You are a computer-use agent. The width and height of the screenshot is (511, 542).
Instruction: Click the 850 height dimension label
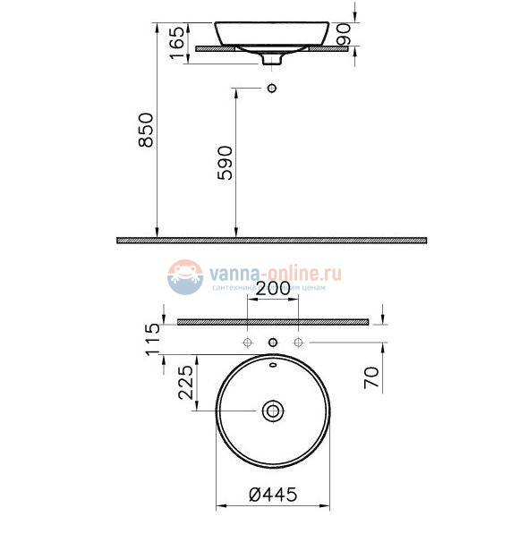[146, 131]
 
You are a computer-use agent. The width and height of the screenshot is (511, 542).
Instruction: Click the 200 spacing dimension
[272, 288]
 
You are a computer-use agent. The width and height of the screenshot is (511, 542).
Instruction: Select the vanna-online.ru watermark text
[277, 269]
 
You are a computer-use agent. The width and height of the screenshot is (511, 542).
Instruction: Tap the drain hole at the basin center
[273, 411]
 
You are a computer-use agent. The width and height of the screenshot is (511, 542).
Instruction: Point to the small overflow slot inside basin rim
[273, 365]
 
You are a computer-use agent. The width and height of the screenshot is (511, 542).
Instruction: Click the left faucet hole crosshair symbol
[247, 343]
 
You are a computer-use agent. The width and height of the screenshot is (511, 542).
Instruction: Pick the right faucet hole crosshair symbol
[299, 343]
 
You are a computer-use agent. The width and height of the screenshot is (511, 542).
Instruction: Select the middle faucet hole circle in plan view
[273, 343]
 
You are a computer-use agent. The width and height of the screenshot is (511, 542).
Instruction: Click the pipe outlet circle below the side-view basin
[273, 88]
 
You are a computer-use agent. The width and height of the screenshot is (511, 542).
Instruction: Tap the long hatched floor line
[272, 240]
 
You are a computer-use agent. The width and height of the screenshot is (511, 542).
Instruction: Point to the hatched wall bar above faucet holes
[272, 321]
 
